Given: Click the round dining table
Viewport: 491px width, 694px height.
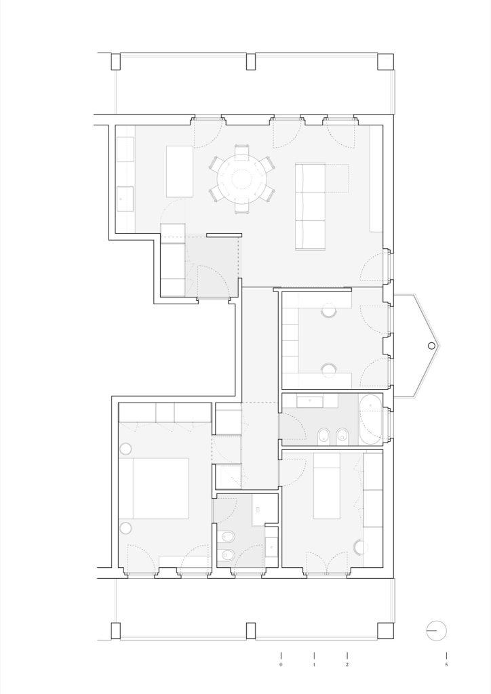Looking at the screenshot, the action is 241,179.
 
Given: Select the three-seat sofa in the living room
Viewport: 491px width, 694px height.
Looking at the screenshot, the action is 311,206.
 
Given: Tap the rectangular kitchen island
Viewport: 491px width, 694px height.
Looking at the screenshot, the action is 180,171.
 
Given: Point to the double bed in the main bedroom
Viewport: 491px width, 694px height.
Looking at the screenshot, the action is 154,488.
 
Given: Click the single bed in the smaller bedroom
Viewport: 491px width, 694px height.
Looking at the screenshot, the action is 327,485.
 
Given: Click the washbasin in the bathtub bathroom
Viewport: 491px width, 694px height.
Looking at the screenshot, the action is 309,402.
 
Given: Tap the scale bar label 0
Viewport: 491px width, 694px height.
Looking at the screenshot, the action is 281,664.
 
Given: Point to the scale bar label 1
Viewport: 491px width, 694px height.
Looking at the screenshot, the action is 314,664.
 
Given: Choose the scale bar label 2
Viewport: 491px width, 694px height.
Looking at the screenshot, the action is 347,664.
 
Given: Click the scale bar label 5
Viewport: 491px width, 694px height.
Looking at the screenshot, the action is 446,664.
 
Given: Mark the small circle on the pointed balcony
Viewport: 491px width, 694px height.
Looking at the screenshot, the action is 431,346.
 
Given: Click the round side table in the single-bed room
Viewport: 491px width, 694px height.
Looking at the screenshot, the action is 361,548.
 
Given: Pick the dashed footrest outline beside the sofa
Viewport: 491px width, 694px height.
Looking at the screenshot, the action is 337,178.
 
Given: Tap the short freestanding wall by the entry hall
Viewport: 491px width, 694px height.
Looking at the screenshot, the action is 224,235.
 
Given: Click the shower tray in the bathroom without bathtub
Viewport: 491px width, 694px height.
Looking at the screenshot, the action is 264,510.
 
